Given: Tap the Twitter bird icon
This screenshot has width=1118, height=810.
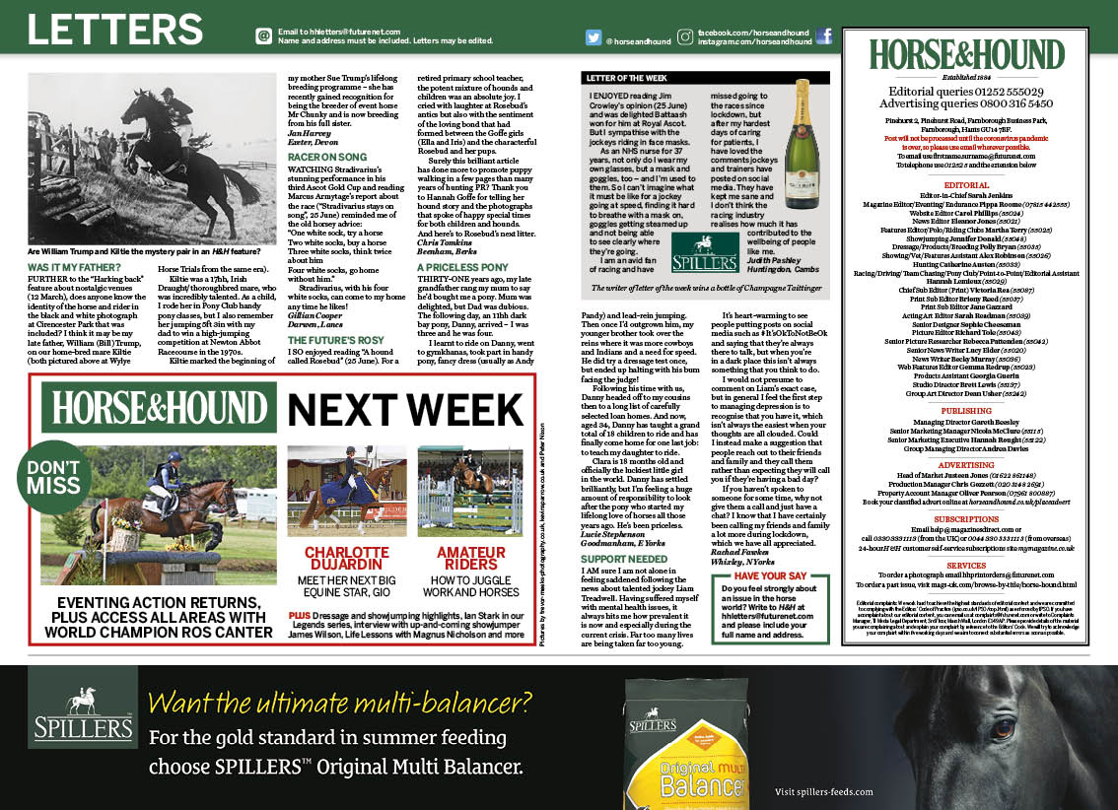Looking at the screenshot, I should point(594,38).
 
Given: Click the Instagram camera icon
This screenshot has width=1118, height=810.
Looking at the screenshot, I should point(684,38).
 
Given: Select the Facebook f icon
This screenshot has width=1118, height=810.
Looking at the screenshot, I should point(823,37).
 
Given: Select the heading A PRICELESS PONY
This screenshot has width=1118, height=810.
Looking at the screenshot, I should point(462,267).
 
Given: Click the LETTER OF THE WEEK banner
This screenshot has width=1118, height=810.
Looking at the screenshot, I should point(624,76).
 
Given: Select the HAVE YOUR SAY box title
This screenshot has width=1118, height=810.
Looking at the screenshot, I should point(770,575).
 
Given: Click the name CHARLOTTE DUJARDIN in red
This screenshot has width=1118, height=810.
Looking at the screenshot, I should point(346,560).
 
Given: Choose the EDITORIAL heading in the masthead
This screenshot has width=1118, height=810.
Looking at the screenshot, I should point(966,184).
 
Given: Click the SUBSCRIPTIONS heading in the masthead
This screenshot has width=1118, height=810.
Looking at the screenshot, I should point(966,518).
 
